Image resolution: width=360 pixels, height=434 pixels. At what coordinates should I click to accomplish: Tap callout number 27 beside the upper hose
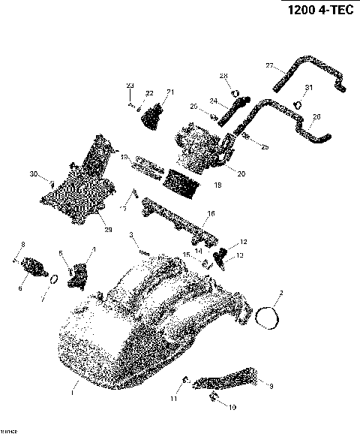tap(269, 66)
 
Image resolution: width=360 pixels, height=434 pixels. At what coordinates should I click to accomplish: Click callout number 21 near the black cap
tap(169, 92)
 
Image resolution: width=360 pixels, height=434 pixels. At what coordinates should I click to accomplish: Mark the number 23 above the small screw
tap(129, 86)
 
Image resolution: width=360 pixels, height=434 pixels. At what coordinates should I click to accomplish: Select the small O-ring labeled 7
tap(52, 281)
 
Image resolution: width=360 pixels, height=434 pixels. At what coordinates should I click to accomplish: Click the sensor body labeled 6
tap(32, 267)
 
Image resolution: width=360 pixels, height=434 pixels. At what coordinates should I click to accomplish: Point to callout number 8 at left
tap(22, 245)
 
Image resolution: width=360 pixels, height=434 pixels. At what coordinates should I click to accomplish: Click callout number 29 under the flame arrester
tap(108, 230)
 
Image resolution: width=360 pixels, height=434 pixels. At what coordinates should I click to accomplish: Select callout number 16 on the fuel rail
tap(211, 213)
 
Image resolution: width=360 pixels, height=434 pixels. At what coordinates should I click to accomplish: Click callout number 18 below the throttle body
tap(218, 184)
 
